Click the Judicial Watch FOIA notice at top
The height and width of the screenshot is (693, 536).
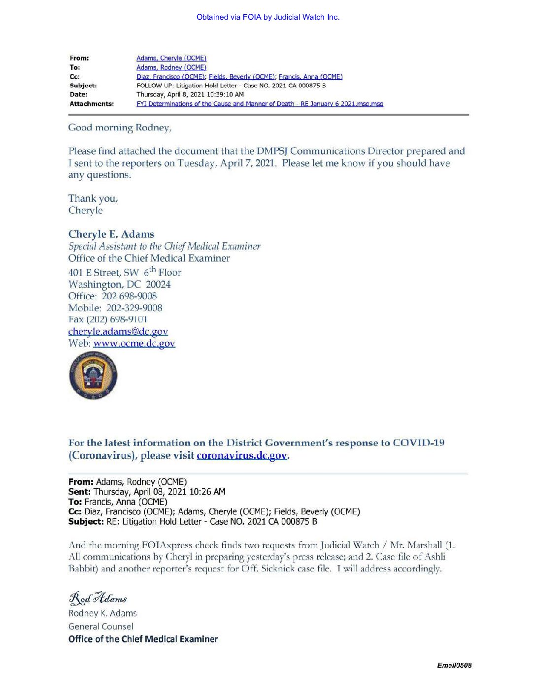pos(268,17)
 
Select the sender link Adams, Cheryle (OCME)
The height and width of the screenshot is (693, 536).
pos(171,58)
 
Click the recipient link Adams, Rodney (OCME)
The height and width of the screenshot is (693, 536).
pos(171,67)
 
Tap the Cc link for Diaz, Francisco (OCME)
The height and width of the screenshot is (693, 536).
pos(170,76)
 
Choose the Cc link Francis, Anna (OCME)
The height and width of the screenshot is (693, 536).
pos(310,76)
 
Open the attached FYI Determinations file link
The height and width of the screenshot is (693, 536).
pos(260,104)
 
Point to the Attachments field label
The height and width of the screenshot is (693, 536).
pos(92,104)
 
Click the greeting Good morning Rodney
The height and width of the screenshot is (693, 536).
pos(120,128)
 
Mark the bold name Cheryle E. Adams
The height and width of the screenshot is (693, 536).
pos(111,234)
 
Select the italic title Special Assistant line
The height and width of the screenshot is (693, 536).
pos(164,246)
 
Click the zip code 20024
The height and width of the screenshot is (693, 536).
pos(158,284)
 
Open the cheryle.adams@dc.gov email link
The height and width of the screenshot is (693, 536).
pos(118,332)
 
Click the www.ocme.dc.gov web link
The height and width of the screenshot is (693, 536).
pos(134,344)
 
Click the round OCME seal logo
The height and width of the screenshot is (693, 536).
pos(93,376)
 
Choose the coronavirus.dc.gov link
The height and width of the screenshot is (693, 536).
pos(241,456)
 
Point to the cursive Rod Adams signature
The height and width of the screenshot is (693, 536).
pos(98,598)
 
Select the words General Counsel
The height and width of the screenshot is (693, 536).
pos(101,627)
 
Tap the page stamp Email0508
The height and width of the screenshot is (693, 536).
pos(454,665)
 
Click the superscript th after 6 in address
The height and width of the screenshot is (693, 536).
pos(153,269)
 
